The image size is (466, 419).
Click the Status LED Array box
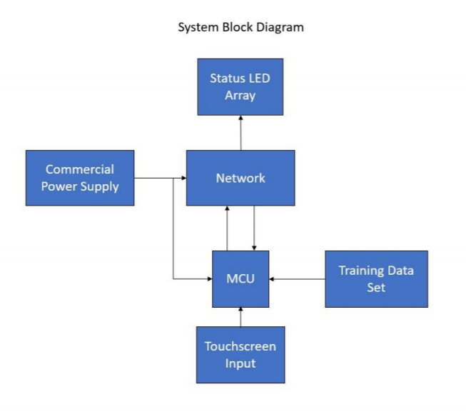(240, 86)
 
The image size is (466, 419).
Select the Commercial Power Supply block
(80, 178)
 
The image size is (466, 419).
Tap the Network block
(240, 178)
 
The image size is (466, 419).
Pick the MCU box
(240, 278)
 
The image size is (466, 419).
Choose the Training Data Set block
(376, 278)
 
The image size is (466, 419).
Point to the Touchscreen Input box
(240, 355)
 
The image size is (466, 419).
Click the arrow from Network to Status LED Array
(240, 133)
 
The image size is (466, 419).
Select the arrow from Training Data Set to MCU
(297, 278)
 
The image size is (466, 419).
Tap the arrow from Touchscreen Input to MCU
(240, 316)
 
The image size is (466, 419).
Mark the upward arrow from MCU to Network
(227, 228)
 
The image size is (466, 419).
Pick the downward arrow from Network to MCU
(254, 228)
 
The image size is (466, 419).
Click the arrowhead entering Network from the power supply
(183, 178)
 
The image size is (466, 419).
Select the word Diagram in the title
(280, 28)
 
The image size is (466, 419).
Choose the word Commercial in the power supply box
(80, 170)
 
